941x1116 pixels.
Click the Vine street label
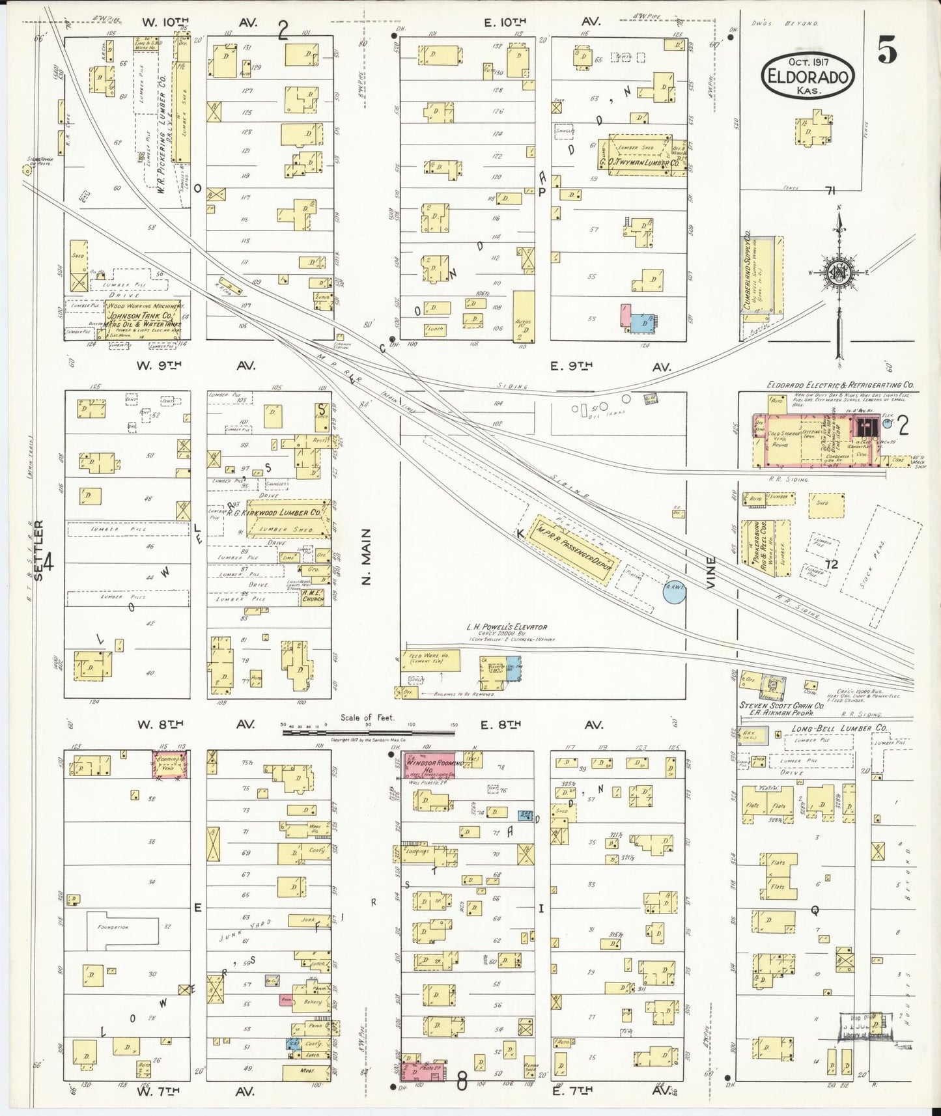click(710, 572)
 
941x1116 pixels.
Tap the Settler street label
click(38, 544)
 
